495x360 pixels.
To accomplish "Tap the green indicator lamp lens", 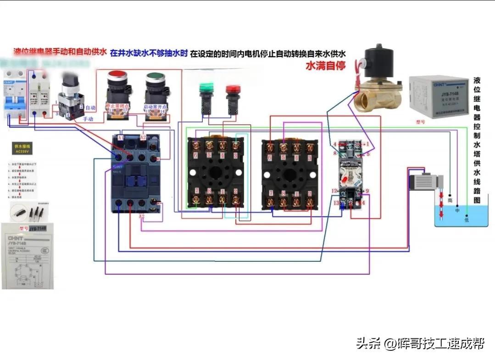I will (x=207, y=87).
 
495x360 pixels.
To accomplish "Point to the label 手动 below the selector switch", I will (x=88, y=119).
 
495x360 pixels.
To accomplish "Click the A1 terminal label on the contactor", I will (x=121, y=137).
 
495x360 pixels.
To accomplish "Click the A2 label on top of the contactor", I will (x=143, y=137).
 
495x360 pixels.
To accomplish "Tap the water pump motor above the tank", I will (x=425, y=179).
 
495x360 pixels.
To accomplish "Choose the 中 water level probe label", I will (x=457, y=210).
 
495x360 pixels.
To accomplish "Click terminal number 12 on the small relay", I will (x=335, y=190).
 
